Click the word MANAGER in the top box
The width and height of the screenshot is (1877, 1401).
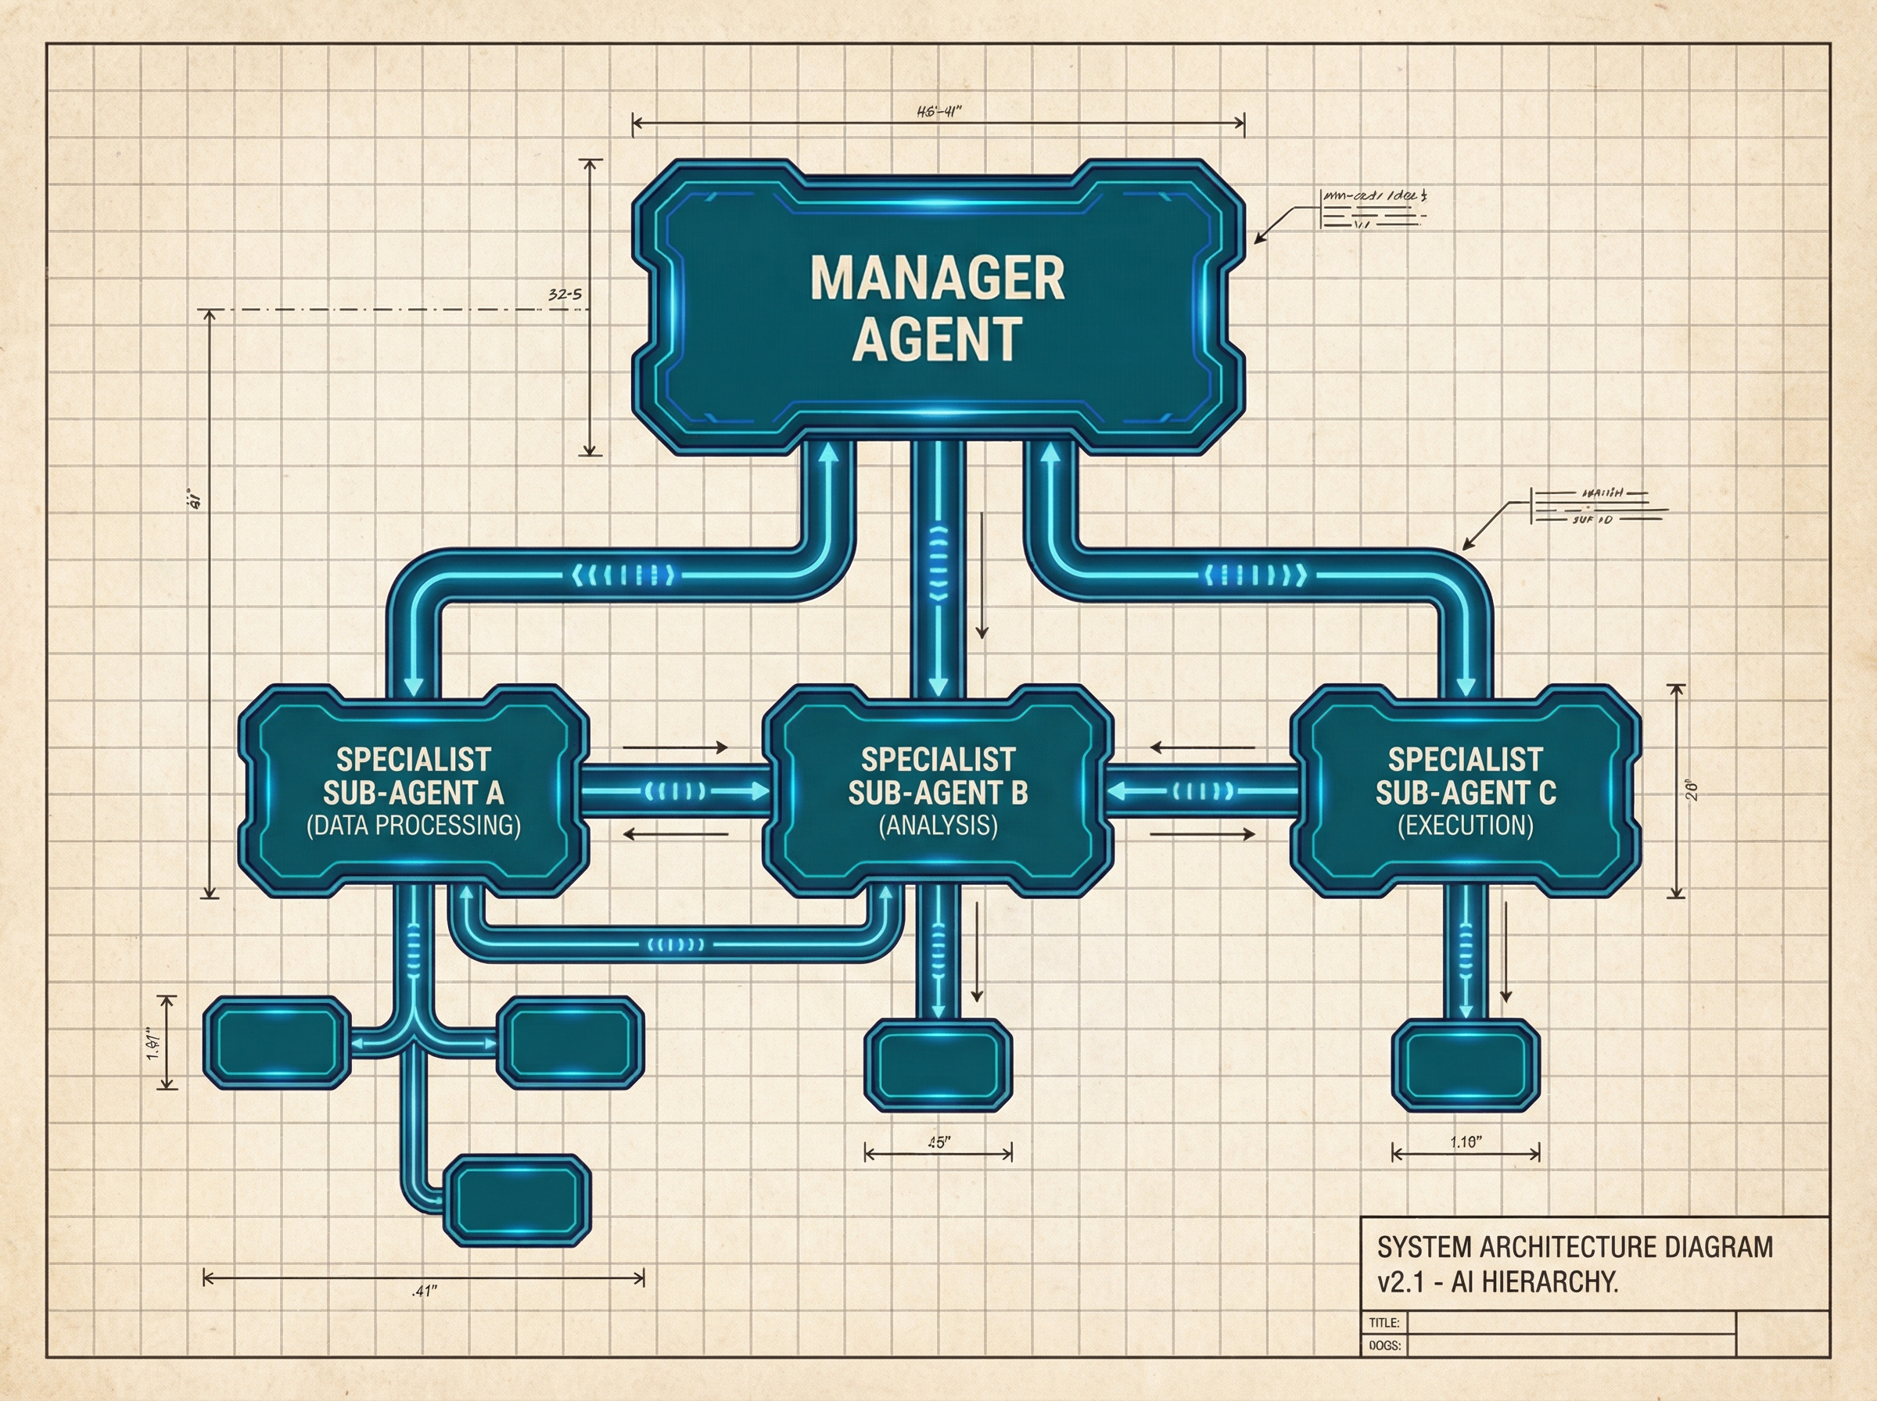pyautogui.click(x=937, y=278)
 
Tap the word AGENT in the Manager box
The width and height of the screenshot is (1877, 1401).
pyautogui.click(x=937, y=339)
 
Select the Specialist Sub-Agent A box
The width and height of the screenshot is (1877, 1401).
pyautogui.click(x=414, y=790)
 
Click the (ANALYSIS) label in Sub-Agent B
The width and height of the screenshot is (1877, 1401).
pyautogui.click(x=938, y=825)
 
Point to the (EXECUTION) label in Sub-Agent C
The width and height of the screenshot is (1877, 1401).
pyautogui.click(x=1466, y=825)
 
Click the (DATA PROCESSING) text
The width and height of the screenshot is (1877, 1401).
pyautogui.click(x=414, y=825)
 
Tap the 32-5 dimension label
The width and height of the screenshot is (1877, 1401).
pyautogui.click(x=565, y=295)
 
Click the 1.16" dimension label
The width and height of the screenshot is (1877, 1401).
pyautogui.click(x=1466, y=1141)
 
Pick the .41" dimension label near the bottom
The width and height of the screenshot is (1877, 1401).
pyautogui.click(x=424, y=1292)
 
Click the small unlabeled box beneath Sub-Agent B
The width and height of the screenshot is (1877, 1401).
pyautogui.click(x=938, y=1065)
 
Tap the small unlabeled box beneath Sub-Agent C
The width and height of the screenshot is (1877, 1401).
pyautogui.click(x=1466, y=1065)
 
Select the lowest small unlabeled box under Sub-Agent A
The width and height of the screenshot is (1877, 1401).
pyautogui.click(x=518, y=1200)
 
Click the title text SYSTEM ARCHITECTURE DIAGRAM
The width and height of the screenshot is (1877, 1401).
pyautogui.click(x=1575, y=1248)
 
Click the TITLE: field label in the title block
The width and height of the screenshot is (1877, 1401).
pyautogui.click(x=1384, y=1323)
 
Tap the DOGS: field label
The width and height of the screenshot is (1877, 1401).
pyautogui.click(x=1384, y=1345)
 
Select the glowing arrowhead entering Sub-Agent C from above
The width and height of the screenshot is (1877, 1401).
pyautogui.click(x=1466, y=685)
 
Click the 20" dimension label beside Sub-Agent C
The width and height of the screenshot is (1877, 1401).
pyautogui.click(x=1693, y=790)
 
